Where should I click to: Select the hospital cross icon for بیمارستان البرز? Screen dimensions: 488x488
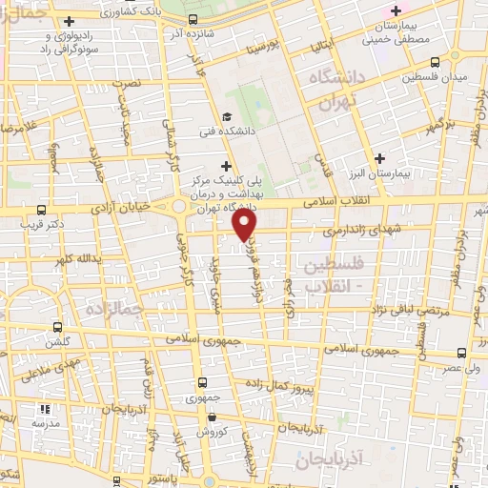click(381, 157)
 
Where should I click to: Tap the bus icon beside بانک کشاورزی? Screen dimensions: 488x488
click(193, 19)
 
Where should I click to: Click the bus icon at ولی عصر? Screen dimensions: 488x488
click(462, 351)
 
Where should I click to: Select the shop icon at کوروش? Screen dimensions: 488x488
click(213, 417)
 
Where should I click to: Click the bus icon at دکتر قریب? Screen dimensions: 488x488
click(41, 210)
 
